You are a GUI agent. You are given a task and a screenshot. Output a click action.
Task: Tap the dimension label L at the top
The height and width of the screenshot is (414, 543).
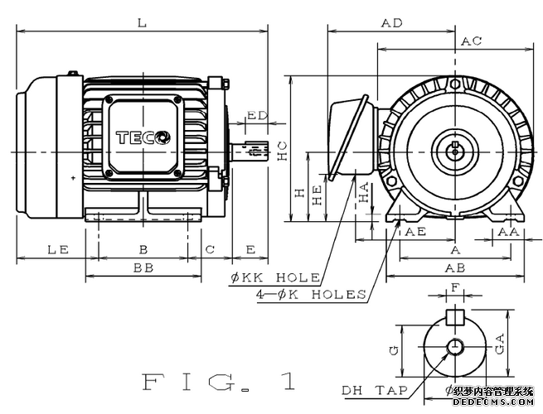(x=143, y=24)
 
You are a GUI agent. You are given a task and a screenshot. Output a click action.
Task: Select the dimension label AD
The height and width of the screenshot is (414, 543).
(x=391, y=24)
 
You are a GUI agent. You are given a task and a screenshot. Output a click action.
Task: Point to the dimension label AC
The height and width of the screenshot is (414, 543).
(x=472, y=41)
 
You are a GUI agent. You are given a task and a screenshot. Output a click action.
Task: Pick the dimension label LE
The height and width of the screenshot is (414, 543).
(x=56, y=248)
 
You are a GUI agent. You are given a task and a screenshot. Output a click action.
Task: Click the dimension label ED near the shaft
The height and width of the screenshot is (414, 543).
(x=256, y=115)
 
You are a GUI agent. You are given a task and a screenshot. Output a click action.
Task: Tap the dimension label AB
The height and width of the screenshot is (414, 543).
(x=454, y=268)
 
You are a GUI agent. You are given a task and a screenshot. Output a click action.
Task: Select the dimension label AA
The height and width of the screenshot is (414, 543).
(x=508, y=233)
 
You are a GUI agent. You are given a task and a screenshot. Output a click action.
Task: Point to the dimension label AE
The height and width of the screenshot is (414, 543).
(x=415, y=233)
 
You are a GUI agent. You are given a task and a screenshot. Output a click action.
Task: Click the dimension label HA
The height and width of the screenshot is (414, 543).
(x=365, y=195)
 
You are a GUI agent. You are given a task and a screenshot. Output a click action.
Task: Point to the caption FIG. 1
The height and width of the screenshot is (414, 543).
(x=220, y=382)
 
